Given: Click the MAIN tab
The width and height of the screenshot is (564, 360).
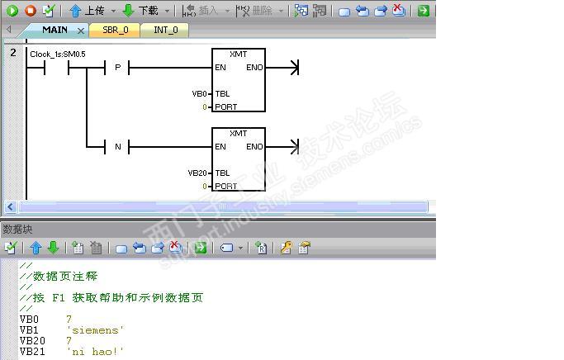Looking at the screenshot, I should click(x=55, y=30).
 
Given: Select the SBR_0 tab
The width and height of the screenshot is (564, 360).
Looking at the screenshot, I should click(x=115, y=30).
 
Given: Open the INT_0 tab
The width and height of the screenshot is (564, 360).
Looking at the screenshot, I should click(x=165, y=30).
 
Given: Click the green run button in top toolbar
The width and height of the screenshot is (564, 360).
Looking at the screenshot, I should click(x=12, y=11).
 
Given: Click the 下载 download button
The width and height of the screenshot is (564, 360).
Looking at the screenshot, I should click(x=140, y=11).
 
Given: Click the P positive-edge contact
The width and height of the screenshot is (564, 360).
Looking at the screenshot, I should click(x=117, y=67).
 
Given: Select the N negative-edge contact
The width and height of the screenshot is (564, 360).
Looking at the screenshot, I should click(x=117, y=147).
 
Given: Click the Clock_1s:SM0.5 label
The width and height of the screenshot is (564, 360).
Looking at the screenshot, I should click(x=58, y=54).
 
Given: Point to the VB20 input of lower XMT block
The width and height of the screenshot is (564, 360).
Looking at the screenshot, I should click(x=197, y=173).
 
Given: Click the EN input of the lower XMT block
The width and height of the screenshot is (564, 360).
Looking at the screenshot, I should click(x=220, y=147).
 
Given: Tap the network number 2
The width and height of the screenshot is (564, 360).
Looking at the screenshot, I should click(x=13, y=53).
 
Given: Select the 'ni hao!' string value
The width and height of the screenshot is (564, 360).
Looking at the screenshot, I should click(x=95, y=352).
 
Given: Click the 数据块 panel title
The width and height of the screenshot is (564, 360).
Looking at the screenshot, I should click(x=17, y=230).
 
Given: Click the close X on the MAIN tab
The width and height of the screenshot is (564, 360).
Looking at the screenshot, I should click(x=81, y=31).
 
